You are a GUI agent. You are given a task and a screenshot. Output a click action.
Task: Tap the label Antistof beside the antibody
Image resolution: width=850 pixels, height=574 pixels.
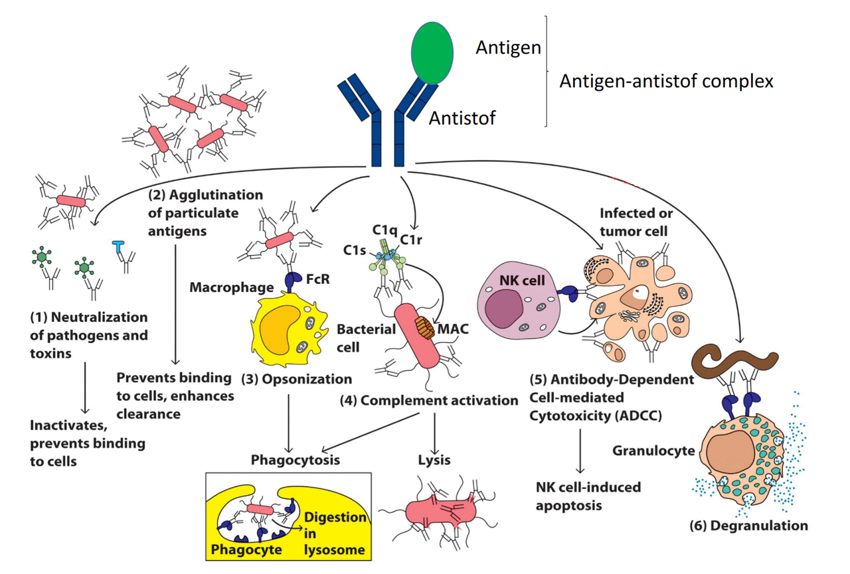pyautogui.click(x=462, y=119)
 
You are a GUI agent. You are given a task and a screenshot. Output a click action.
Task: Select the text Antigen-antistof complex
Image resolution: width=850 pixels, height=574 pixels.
pyautogui.click(x=666, y=82)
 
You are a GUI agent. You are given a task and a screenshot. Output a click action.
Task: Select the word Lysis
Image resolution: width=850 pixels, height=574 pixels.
pyautogui.click(x=434, y=460)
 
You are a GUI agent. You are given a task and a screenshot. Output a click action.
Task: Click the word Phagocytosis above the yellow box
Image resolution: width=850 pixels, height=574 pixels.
pyautogui.click(x=295, y=460)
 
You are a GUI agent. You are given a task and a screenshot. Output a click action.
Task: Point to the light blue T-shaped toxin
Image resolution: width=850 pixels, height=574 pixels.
pyautogui.click(x=118, y=248)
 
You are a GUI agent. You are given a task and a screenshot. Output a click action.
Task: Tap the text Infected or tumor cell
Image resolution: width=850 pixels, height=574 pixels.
pyautogui.click(x=636, y=222)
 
